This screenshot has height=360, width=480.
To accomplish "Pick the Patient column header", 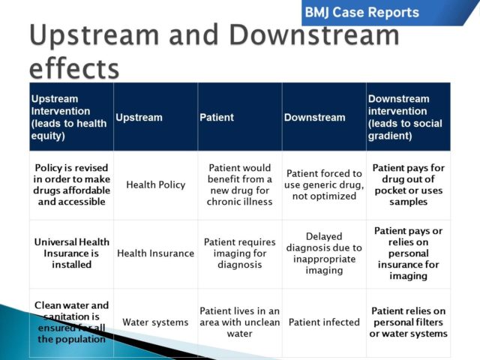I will point(217,118).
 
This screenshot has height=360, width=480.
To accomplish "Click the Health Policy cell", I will point(155,184).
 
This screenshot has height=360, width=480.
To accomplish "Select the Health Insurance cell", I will point(155,253).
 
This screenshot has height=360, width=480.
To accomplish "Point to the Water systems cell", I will point(155,322).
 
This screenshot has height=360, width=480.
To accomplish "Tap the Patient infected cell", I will point(324,322).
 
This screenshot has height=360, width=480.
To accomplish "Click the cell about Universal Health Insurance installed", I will point(71,253).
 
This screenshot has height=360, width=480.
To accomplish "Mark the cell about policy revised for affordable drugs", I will point(71,184).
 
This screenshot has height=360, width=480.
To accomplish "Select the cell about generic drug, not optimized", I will point(324,184).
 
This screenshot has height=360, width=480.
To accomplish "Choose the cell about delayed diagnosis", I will point(324,253).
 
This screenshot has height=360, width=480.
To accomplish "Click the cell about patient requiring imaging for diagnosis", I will point(240,253).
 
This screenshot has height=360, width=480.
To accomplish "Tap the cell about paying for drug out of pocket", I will point(409,184).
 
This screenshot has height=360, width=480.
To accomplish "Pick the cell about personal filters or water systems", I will point(409,322).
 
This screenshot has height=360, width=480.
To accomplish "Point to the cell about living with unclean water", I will point(240,322).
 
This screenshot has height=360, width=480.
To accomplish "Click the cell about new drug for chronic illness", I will point(240,184).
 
